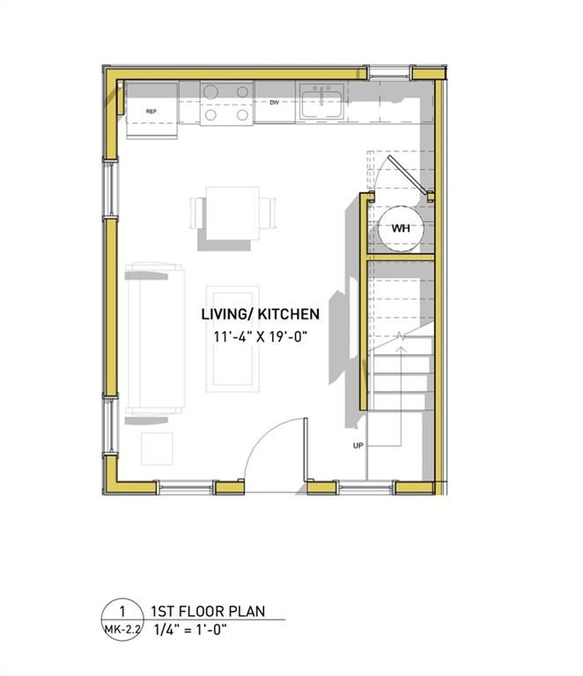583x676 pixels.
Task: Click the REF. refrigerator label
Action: pyautogui.click(x=151, y=112)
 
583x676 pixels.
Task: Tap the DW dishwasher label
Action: pyautogui.click(x=274, y=102)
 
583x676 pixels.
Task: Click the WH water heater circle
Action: pyautogui.click(x=401, y=228)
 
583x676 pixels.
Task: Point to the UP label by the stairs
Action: pyautogui.click(x=358, y=445)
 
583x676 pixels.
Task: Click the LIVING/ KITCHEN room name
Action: pyautogui.click(x=260, y=313)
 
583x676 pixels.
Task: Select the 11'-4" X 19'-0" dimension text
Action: pyautogui.click(x=260, y=336)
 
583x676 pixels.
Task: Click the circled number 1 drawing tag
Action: pyautogui.click(x=122, y=612)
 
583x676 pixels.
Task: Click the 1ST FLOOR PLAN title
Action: pyautogui.click(x=208, y=611)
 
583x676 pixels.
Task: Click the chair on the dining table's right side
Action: pyautogui.click(x=270, y=214)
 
